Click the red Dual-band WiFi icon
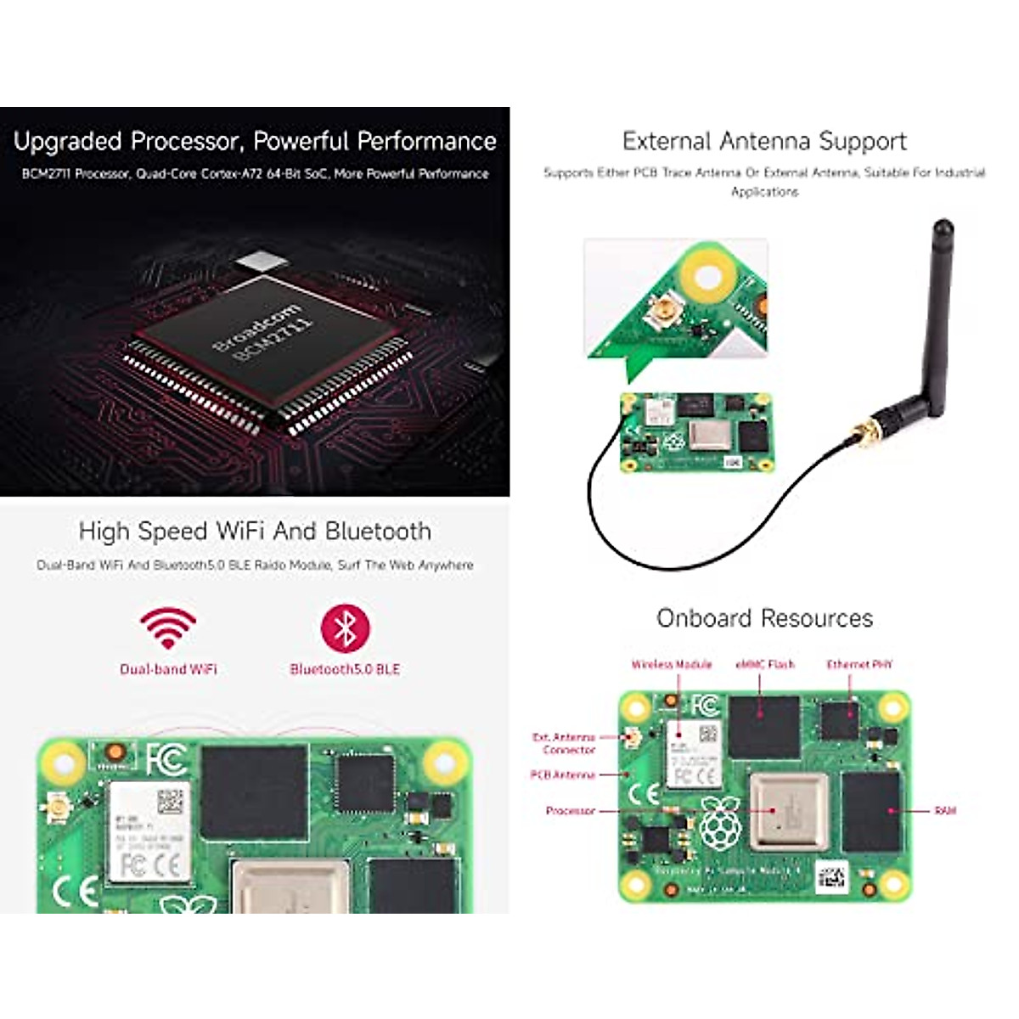click(x=168, y=628)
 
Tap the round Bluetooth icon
click(x=345, y=629)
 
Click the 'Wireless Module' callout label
click(x=671, y=664)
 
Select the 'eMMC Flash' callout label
click(x=764, y=664)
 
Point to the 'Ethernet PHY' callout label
click(x=859, y=664)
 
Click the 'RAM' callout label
click(x=945, y=811)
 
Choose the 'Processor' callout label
click(x=570, y=811)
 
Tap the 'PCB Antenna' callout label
click(x=562, y=774)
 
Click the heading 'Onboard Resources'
click(x=764, y=618)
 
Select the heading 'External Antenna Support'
click(x=764, y=141)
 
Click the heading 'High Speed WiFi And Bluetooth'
click(x=255, y=532)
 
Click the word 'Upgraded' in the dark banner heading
click(x=68, y=141)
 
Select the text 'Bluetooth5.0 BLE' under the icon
click(x=345, y=669)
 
